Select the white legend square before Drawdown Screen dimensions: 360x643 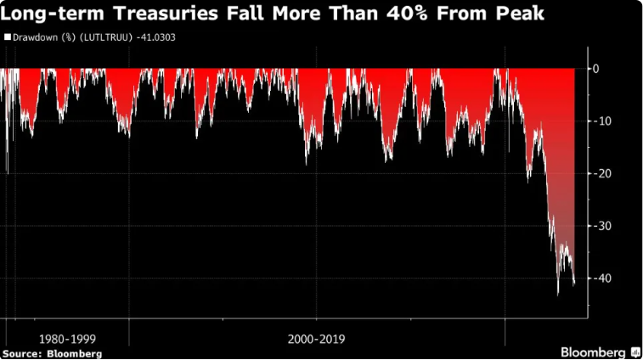pos(7,37)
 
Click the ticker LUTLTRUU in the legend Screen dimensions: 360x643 pos(108,37)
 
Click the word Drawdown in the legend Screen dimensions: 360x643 pos(33,37)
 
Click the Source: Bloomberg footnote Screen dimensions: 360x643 pos(53,352)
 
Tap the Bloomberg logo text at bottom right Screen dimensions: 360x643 pos(592,351)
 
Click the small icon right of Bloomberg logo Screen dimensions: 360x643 pos(634,351)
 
